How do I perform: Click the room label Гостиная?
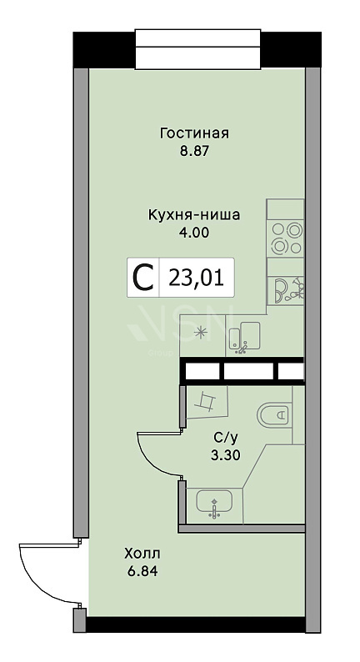pyautogui.click(x=194, y=133)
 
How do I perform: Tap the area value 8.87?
pyautogui.click(x=194, y=151)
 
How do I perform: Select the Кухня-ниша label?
pyautogui.click(x=194, y=215)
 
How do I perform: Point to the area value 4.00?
pyautogui.click(x=194, y=233)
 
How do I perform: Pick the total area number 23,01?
pyautogui.click(x=196, y=278)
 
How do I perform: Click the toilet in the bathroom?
pyautogui.click(x=273, y=414)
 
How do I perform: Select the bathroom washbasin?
pyautogui.click(x=214, y=504)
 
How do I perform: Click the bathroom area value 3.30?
pyautogui.click(x=225, y=455)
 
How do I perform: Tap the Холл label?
pyautogui.click(x=142, y=553)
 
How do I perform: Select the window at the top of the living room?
pyautogui.click(x=197, y=49)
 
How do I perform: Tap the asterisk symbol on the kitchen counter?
pyautogui.click(x=201, y=333)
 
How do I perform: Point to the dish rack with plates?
pyautogui.click(x=288, y=289)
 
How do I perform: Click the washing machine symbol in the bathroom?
pyautogui.click(x=207, y=401)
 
